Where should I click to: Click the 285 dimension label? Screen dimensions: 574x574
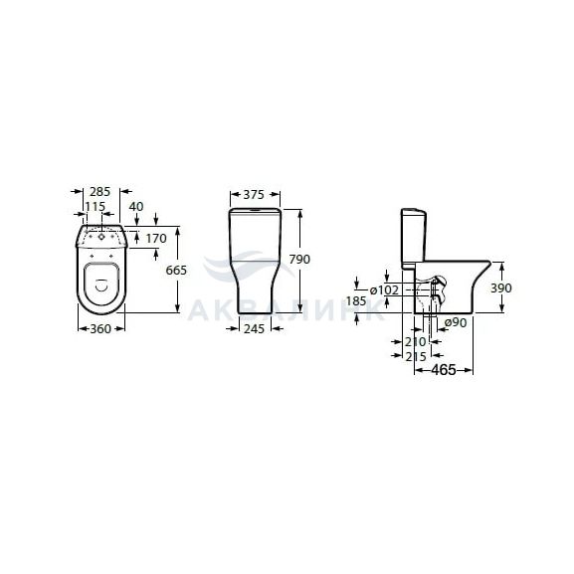pos(99,191)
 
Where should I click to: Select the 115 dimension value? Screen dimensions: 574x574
pos(96,207)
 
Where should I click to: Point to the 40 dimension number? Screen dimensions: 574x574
pos(136,207)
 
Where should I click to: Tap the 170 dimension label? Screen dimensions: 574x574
pos(156,239)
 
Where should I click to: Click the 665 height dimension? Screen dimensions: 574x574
pos(176,271)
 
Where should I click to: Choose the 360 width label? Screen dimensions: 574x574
pos(100,329)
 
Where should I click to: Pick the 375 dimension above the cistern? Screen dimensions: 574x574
pos(254,195)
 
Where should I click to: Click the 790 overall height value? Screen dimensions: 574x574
pos(299,260)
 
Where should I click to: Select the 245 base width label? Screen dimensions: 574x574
pos(254,329)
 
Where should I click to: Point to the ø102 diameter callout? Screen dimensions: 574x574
pos(384,290)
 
